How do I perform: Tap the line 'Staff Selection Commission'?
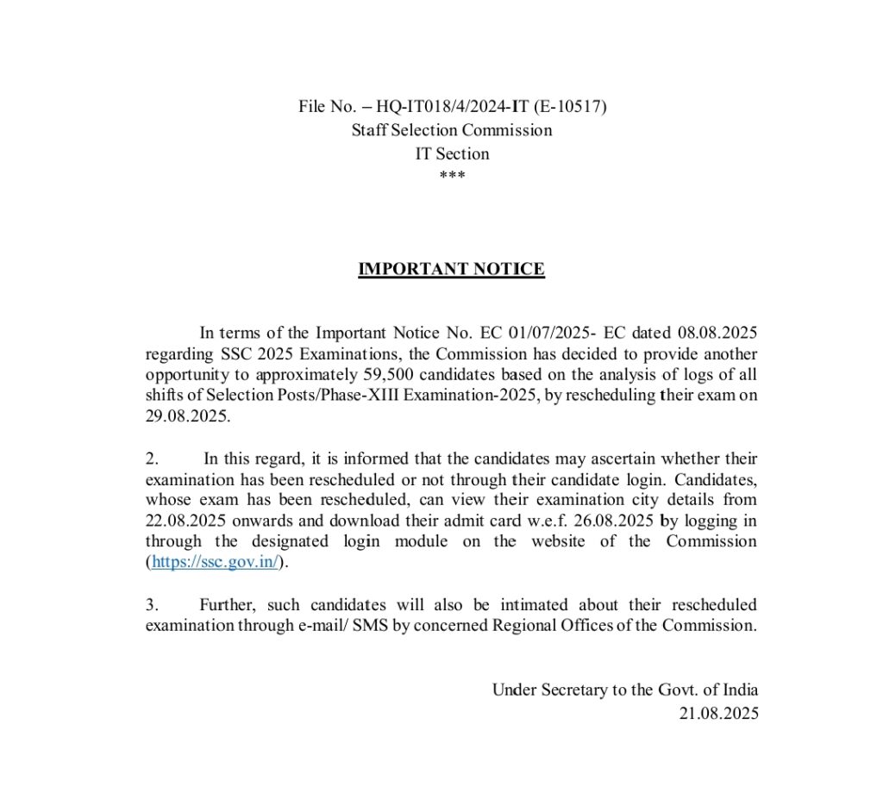click(452, 130)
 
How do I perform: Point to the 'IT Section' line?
click(452, 154)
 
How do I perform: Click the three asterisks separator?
click(452, 176)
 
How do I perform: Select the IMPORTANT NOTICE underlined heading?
click(452, 270)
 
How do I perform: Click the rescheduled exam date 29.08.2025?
click(187, 416)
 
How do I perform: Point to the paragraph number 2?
click(151, 459)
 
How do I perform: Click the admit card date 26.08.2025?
click(611, 521)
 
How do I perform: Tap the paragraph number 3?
click(151, 605)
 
